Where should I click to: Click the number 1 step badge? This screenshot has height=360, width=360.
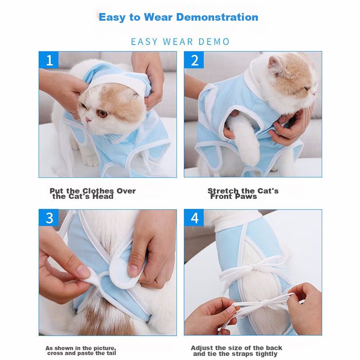[49, 60]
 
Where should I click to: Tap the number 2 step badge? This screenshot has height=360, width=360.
[194, 60]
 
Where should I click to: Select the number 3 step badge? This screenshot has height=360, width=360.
[49, 218]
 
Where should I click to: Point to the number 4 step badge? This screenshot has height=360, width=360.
[194, 218]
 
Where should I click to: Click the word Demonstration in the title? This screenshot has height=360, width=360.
[217, 17]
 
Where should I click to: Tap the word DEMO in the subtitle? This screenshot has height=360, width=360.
[214, 42]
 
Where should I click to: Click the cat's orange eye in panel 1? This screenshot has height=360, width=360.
[103, 113]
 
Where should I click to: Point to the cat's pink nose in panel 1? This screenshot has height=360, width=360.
[87, 120]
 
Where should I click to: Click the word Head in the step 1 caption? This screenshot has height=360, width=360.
[103, 197]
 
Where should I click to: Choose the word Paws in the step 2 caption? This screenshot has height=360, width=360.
[246, 197]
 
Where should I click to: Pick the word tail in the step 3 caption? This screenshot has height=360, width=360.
[111, 353]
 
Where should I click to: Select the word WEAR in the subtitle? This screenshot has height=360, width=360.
[178, 42]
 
